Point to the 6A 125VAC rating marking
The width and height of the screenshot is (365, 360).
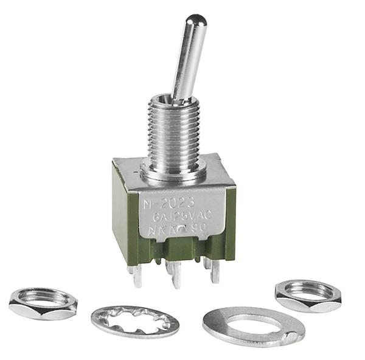click(182, 216)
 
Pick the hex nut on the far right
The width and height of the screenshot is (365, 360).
click(308, 295)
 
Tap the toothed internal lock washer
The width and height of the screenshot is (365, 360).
click(135, 321)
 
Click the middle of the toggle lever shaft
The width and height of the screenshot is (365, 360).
click(186, 61)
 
